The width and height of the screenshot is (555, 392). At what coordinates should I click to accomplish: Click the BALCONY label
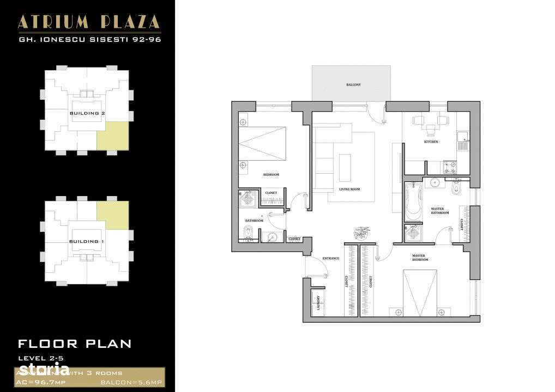click(353, 85)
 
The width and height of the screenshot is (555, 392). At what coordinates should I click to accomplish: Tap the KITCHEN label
click(431, 142)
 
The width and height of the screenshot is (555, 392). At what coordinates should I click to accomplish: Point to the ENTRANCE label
click(331, 258)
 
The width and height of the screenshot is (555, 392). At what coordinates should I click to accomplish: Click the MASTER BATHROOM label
click(440, 211)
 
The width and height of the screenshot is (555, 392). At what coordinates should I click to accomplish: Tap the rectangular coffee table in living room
click(345, 168)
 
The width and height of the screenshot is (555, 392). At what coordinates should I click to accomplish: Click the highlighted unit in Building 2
click(113, 136)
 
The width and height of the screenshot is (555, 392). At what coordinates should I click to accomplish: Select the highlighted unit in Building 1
click(113, 215)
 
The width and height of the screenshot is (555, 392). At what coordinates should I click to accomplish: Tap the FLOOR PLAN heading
click(75, 344)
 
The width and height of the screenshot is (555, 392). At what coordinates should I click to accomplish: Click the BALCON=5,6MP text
click(133, 384)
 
